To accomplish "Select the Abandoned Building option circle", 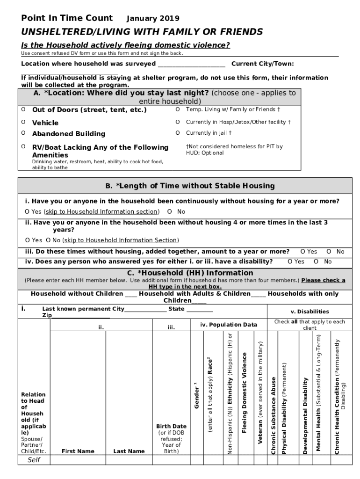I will click(23, 133).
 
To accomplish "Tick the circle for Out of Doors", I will click(23, 109).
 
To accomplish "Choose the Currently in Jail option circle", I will click(178, 133).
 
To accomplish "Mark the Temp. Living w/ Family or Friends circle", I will click(178, 109).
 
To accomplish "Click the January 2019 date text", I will click(153, 19).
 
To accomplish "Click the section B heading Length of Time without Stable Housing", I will click(189, 186).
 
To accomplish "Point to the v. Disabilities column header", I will click(309, 312).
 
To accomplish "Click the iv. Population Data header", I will click(229, 325).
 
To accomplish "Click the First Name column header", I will click(78, 451).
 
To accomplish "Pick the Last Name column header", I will click(129, 451).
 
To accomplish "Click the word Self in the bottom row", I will click(34, 460).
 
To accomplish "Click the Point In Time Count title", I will click(67, 18).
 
